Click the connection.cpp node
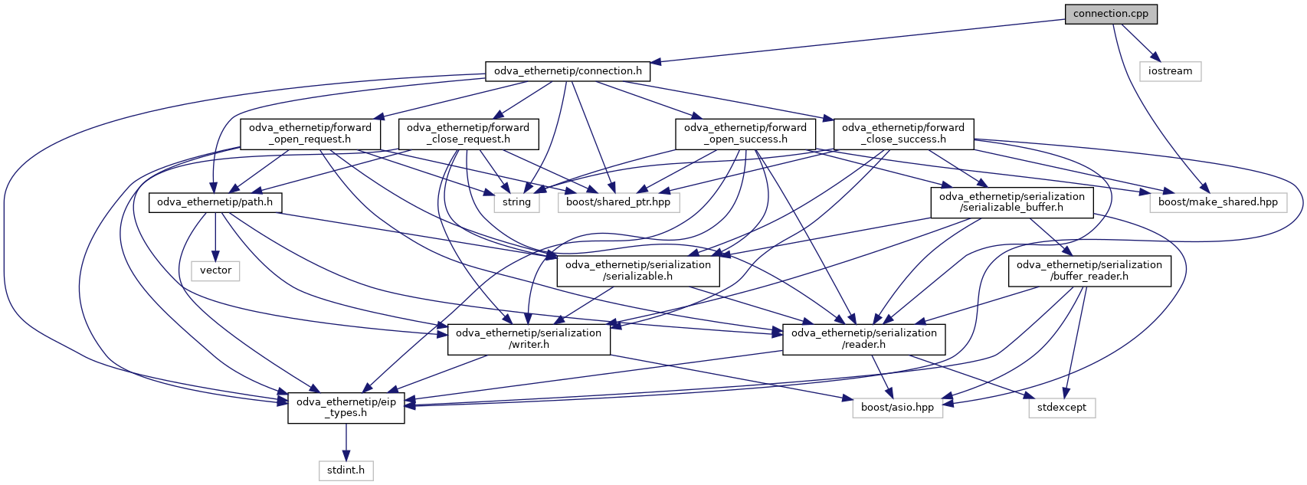1110,14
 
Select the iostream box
1170,71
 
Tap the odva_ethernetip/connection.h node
568,71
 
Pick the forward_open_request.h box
310,133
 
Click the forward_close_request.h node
467,133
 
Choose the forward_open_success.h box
745,133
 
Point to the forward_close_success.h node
902,133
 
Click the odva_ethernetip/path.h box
215,202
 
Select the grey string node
516,202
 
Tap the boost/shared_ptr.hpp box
618,202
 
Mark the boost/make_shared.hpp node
1217,202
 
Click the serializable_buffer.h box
1011,202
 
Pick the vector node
215,270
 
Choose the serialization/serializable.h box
637,270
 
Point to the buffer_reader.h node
1089,270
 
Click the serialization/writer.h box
529,339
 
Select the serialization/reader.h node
863,339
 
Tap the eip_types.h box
346,407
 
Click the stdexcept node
1061,408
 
